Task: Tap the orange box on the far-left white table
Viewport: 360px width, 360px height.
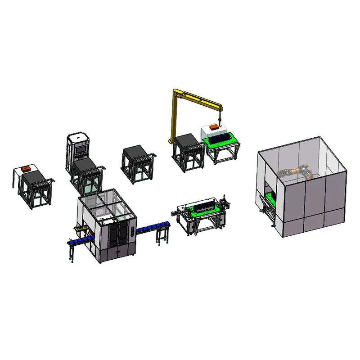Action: (x=26, y=169)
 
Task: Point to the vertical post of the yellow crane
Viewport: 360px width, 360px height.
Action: (x=174, y=117)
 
